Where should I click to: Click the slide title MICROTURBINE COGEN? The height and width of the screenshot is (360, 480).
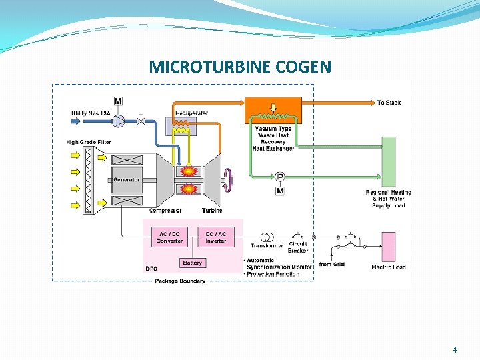coord(239,67)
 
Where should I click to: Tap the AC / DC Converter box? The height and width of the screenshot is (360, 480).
coord(169,237)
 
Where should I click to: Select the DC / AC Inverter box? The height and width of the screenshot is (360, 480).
coord(216,237)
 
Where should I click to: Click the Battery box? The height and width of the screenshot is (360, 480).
coord(192,263)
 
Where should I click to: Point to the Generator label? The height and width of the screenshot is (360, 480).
coord(127,179)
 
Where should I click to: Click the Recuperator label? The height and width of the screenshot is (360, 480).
coord(191,113)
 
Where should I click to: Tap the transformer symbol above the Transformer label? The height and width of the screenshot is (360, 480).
coord(267,237)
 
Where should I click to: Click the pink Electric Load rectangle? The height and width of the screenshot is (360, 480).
coord(388,247)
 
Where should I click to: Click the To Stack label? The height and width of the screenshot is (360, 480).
coord(389,103)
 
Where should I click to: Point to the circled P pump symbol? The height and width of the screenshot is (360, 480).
coord(280,177)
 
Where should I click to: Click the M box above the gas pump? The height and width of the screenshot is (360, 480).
coord(118,101)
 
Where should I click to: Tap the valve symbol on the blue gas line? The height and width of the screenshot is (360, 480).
coord(141,121)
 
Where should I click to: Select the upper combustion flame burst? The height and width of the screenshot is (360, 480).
coord(189,171)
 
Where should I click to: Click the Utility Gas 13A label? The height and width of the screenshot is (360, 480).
coord(91,113)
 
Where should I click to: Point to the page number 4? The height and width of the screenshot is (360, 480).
coord(455,349)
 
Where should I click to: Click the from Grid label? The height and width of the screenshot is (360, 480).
coord(331,265)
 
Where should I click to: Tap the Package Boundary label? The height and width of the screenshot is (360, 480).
coord(180,281)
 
